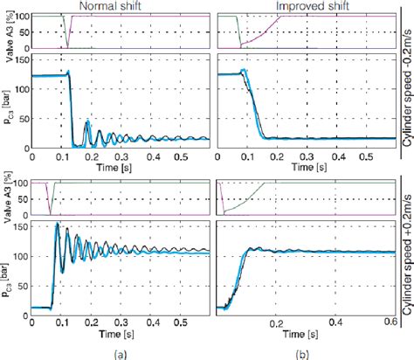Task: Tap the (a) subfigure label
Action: point(118,351)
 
